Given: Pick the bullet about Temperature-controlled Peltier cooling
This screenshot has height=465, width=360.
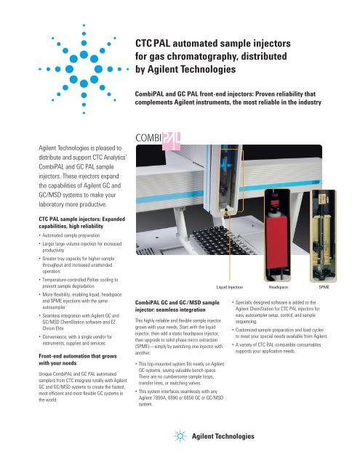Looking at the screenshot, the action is pyautogui.click(x=57, y=283).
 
